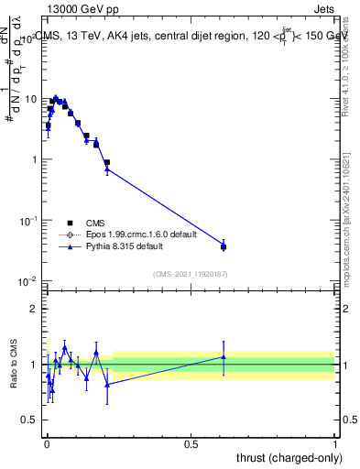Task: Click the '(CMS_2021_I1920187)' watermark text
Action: (x=191, y=272)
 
